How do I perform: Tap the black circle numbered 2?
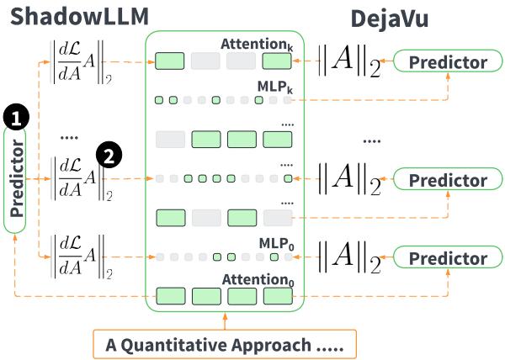click(109, 155)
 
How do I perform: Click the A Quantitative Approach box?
click(225, 343)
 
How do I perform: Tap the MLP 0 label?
click(276, 242)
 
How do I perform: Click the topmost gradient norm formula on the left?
click(77, 61)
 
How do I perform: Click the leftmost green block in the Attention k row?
click(170, 61)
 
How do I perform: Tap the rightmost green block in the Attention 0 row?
click(277, 296)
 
